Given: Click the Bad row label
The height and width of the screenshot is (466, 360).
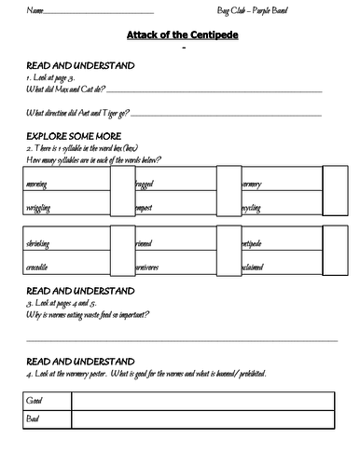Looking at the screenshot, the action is click(x=34, y=422).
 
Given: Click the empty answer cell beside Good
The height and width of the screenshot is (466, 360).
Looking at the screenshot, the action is click(x=201, y=401).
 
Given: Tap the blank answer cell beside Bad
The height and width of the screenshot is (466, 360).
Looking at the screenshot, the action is click(x=201, y=422).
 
